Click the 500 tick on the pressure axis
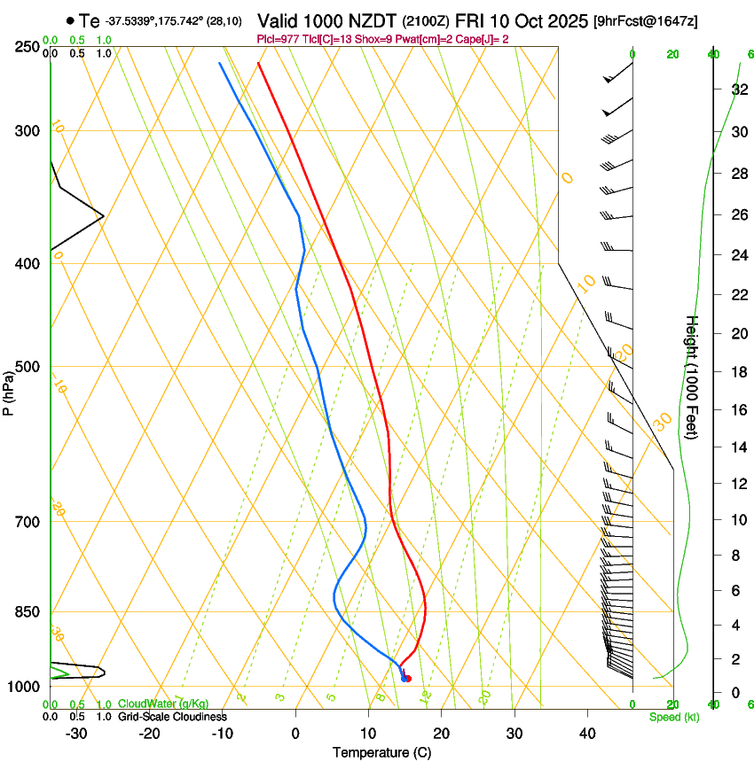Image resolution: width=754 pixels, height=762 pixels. pyautogui.click(x=27, y=367)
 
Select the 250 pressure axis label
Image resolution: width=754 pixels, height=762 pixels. pyautogui.click(x=27, y=46)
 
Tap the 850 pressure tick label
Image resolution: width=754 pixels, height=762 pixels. pyautogui.click(x=27, y=612)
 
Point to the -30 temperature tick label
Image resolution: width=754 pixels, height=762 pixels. pyautogui.click(x=76, y=733)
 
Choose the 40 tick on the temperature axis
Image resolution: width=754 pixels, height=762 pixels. pyautogui.click(x=586, y=733)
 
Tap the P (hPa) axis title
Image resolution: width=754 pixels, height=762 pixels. pyautogui.click(x=8, y=391)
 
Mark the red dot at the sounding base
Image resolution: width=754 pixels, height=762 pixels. pyautogui.click(x=407, y=679)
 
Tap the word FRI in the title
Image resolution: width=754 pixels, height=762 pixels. pyautogui.click(x=472, y=20)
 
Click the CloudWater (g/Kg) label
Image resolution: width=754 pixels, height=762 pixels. pyautogui.click(x=162, y=704)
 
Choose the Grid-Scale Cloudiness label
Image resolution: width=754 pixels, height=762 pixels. pyautogui.click(x=172, y=717)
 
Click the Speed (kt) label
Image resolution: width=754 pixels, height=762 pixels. pyautogui.click(x=674, y=717)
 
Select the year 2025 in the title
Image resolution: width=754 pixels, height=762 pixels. pyautogui.click(x=561, y=20)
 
